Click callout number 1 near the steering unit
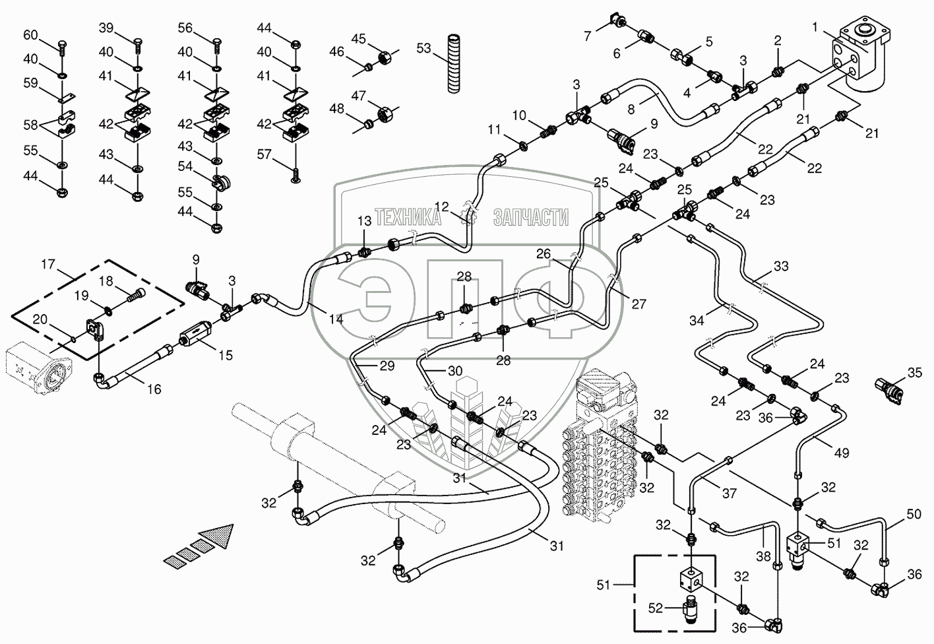click(815, 28)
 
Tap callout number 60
click(30, 35)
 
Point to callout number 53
click(423, 48)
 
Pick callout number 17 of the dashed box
click(48, 264)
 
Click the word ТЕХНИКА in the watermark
click(408, 217)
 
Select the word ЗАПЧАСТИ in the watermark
click(531, 217)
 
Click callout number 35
click(915, 372)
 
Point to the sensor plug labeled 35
click(887, 390)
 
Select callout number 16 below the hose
click(154, 389)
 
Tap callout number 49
click(842, 453)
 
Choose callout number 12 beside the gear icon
click(441, 206)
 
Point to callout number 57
click(265, 155)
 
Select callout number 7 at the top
click(588, 36)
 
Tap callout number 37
click(730, 494)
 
